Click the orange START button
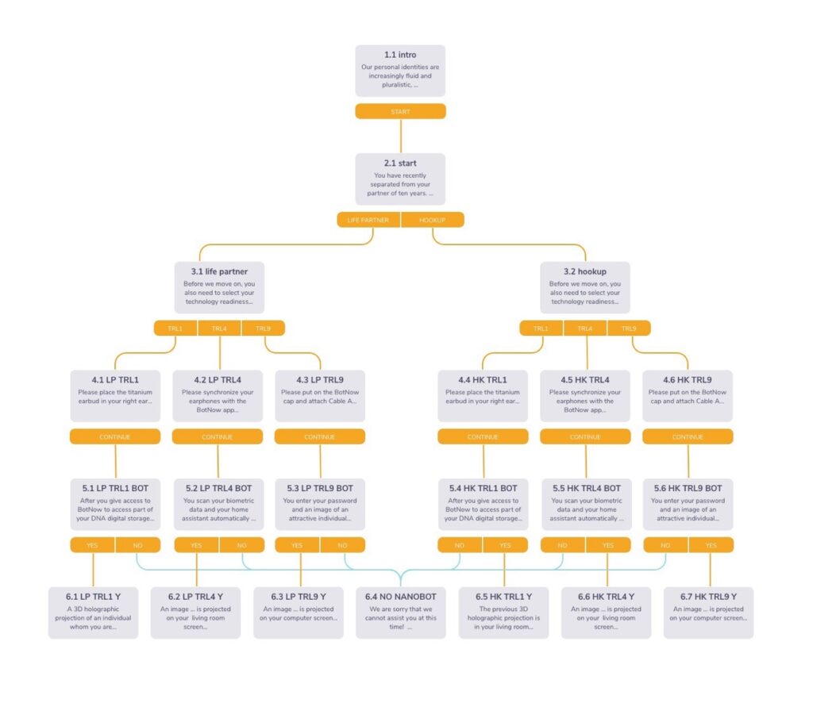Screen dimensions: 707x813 (x=400, y=112)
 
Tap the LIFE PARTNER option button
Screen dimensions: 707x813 (x=368, y=220)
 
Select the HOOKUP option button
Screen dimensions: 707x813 (x=432, y=220)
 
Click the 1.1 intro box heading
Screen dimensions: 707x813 (x=400, y=55)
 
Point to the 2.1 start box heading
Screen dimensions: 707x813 (x=400, y=163)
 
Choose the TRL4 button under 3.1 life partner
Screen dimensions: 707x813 (x=219, y=329)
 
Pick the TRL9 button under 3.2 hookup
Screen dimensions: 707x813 (x=628, y=329)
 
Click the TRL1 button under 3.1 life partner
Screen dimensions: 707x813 (x=175, y=329)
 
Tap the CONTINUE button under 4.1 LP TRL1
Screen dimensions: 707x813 (x=115, y=436)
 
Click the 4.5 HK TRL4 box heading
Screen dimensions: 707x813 (x=585, y=379)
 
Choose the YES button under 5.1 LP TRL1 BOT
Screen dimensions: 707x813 (x=92, y=545)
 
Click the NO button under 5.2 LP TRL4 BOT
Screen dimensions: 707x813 (x=241, y=545)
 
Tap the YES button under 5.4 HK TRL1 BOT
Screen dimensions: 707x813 (x=505, y=545)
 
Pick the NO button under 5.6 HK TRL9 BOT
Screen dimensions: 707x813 (x=665, y=545)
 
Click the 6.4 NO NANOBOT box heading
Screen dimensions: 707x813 (x=400, y=596)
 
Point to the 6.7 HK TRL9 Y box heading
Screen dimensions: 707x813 (x=709, y=596)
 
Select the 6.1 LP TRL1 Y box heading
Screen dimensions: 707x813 (x=93, y=596)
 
